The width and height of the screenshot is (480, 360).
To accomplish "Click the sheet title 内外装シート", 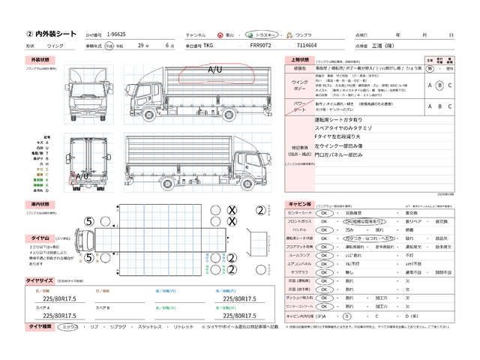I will click(52, 34).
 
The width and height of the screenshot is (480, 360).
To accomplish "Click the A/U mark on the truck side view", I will click(214, 69).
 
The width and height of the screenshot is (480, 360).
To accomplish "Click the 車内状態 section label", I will click(39, 204).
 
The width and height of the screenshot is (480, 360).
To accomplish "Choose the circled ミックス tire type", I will click(68, 327).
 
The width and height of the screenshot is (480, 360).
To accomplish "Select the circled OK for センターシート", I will click(324, 212).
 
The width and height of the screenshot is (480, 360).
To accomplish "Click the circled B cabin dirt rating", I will click(346, 317).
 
